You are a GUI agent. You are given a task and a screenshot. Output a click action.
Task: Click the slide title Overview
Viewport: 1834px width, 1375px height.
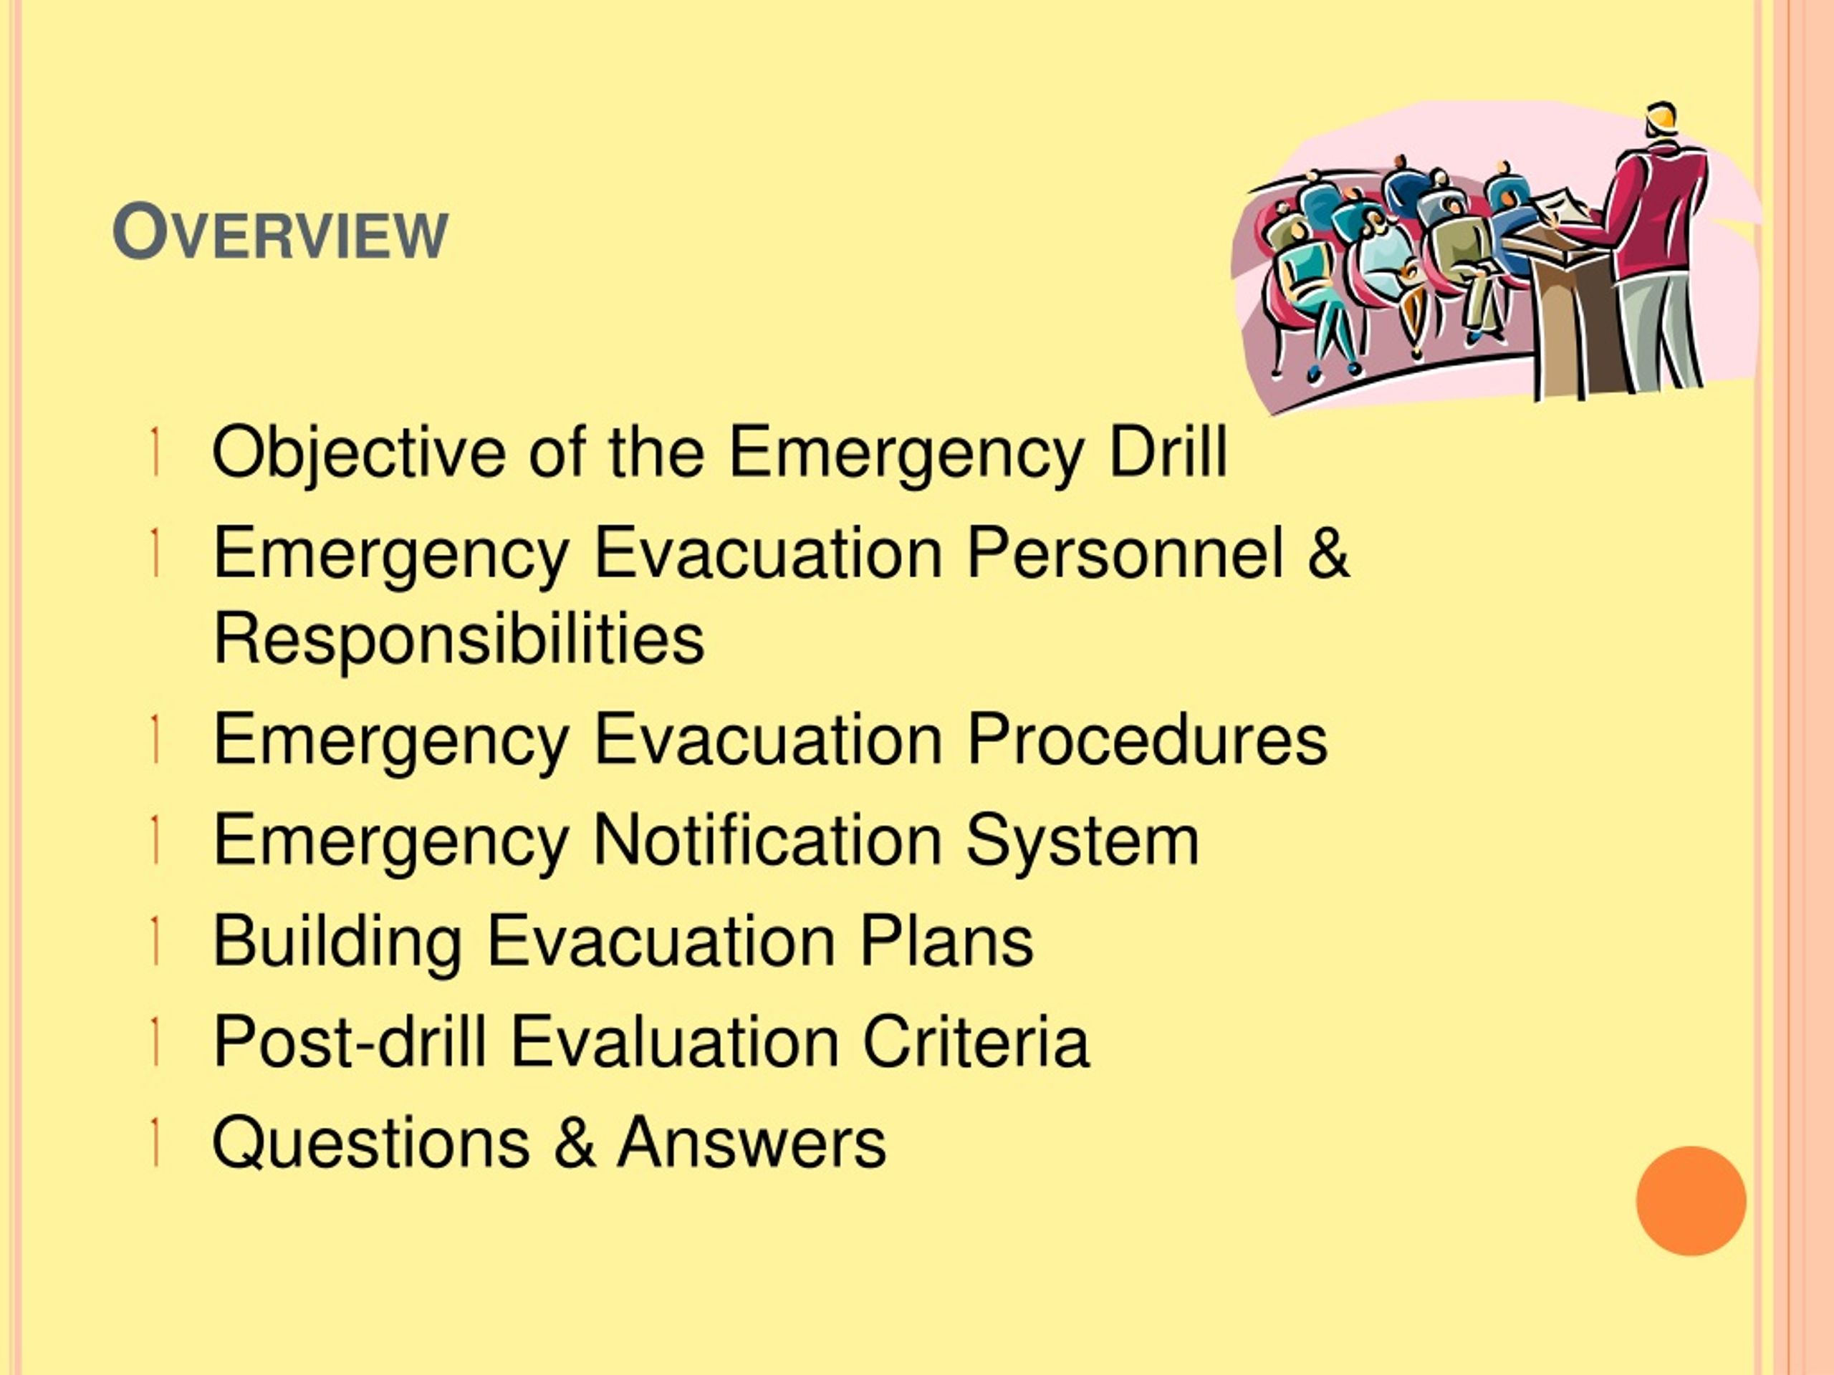[x=280, y=233]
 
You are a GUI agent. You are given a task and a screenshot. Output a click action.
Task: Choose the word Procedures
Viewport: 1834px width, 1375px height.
[x=1147, y=738]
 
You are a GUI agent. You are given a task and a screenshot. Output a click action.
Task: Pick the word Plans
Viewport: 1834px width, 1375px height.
[x=946, y=941]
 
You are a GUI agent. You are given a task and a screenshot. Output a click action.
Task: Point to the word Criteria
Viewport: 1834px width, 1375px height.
[x=975, y=1041]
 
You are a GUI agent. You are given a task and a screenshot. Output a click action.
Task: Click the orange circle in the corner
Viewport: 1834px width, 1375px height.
[x=1691, y=1200]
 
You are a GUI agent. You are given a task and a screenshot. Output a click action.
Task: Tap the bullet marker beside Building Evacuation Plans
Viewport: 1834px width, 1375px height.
[x=155, y=941]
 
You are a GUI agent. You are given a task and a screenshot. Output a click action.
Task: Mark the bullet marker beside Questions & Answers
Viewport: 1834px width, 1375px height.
[x=155, y=1142]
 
